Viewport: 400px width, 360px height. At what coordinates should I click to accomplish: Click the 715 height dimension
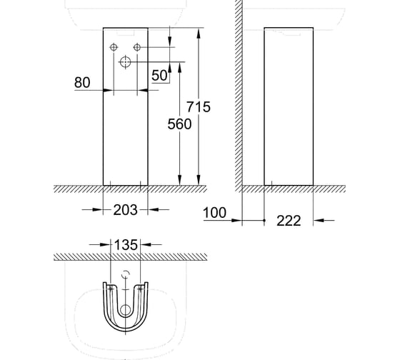click(199, 106)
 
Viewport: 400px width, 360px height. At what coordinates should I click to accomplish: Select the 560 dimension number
click(179, 124)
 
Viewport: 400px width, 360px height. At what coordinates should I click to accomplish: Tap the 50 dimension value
click(159, 75)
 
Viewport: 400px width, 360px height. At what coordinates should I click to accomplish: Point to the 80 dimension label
click(82, 82)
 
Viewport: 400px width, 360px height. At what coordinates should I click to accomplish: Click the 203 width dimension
click(125, 210)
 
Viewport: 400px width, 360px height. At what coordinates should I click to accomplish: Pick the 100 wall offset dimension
click(214, 213)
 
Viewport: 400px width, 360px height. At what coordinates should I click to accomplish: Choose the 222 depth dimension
click(289, 221)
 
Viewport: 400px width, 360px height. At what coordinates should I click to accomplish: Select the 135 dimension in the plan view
click(126, 245)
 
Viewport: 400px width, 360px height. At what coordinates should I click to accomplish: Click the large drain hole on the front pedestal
click(125, 61)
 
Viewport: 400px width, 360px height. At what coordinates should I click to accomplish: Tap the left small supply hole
click(114, 47)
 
